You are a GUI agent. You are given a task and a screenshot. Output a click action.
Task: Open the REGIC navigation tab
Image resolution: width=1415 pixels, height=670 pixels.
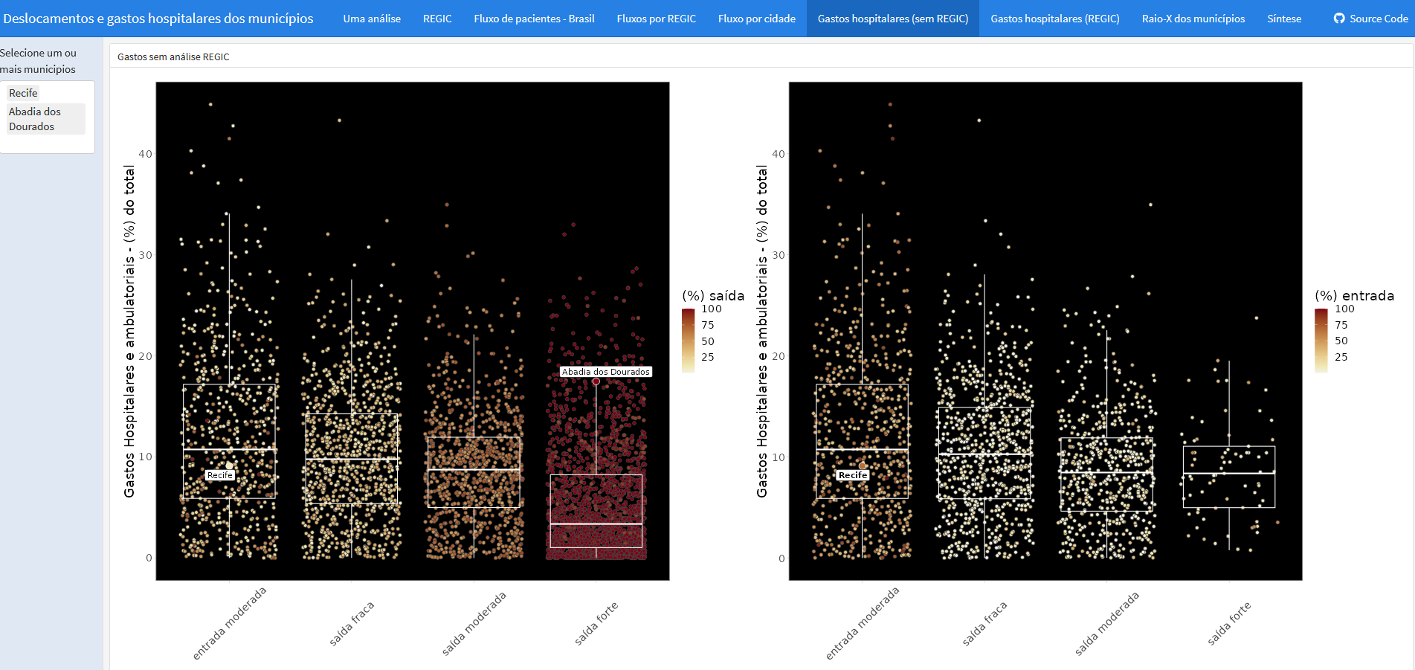point(437,19)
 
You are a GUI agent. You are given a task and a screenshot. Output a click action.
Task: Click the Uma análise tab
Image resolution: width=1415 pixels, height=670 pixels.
point(372,19)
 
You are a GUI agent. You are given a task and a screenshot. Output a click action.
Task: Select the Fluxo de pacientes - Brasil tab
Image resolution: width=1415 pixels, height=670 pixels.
point(534,19)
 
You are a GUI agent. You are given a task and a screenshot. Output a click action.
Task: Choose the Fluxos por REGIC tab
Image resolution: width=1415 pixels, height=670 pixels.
point(657,19)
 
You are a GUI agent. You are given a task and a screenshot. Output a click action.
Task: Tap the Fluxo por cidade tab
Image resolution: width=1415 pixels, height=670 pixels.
point(757,19)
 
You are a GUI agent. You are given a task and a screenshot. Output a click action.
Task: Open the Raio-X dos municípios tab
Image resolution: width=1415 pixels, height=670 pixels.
point(1193,19)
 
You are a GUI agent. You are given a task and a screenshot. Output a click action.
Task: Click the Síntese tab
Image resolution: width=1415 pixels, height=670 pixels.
point(1284,19)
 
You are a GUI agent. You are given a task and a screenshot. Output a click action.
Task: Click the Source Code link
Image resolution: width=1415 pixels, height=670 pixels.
point(1370,19)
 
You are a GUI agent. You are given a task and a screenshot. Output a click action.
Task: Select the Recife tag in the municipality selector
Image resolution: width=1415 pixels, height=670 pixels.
point(23,93)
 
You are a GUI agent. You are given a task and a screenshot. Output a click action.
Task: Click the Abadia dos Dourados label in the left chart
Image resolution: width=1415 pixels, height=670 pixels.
point(605,372)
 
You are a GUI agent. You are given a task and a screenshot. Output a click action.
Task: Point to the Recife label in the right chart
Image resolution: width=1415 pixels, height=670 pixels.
point(853,475)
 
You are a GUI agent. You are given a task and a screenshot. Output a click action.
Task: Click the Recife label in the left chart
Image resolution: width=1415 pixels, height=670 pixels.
point(220,475)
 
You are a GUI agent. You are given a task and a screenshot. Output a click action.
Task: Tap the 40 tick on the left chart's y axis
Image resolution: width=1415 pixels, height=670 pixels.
point(145,154)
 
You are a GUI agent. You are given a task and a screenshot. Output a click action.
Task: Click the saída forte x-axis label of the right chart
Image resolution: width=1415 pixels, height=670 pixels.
point(1229,623)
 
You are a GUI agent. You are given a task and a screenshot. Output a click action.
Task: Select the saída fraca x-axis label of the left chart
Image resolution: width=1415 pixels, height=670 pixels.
point(352,623)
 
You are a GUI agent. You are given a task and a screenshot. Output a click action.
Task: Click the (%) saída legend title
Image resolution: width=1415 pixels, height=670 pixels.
point(713,295)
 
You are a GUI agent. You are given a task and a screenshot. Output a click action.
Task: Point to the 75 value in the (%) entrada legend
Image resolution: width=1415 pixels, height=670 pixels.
point(1341,325)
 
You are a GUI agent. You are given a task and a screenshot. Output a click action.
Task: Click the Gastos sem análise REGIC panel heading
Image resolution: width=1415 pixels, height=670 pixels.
point(173,57)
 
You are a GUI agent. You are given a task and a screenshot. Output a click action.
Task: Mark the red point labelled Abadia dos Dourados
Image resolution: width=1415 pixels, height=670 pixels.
point(596,381)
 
